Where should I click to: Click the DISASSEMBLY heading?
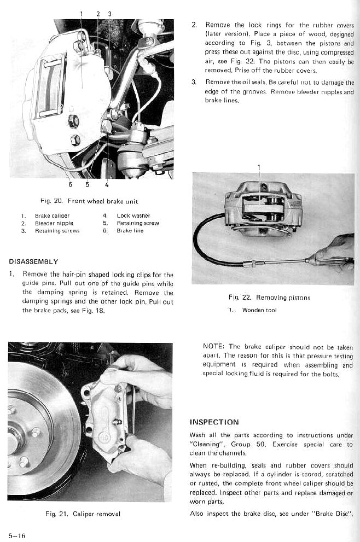33,261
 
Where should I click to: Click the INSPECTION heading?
214,422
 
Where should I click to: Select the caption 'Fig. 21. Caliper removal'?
83,514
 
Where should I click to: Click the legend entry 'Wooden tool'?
259,310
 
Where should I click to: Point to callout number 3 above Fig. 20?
109,13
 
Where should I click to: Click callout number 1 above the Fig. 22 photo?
259,167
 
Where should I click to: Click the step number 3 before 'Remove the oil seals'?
194,82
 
